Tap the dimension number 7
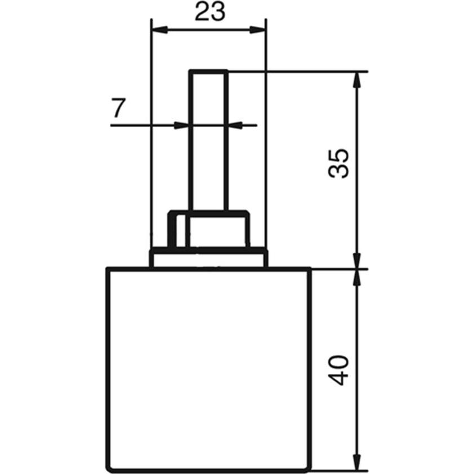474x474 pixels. pos(117,108)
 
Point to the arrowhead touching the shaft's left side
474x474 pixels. pos(182,125)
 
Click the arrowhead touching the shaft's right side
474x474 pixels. pos(236,125)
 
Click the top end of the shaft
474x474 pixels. pos(209,71)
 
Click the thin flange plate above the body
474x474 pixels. pos(208,258)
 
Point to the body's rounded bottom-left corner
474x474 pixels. pos(110,467)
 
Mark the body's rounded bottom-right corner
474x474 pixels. pos(307,467)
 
